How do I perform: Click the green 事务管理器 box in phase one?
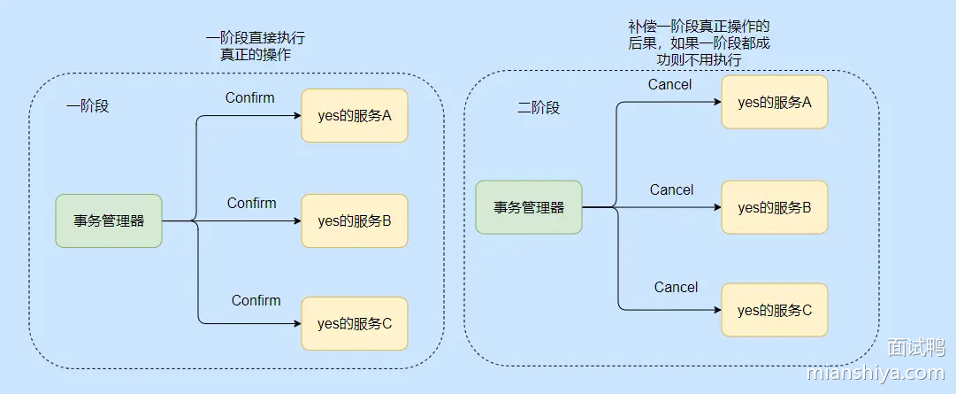coord(109,220)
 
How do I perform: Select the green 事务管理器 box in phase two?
coord(529,207)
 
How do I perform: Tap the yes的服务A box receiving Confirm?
coord(355,115)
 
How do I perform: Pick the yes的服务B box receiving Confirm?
coord(355,220)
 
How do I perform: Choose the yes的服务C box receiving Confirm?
coord(355,323)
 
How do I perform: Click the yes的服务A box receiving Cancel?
coord(775,102)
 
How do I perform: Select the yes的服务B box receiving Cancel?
coord(775,207)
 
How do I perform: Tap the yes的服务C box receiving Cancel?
coord(775,310)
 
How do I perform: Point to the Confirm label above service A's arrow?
coord(249,97)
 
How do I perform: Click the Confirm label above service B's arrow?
coord(251,203)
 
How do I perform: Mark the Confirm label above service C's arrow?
coord(256,300)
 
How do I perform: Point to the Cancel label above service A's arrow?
coord(669,85)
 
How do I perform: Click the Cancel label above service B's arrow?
coord(671,189)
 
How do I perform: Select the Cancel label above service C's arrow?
coord(676,287)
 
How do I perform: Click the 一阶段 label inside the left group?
coord(88,106)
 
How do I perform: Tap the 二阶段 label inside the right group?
coord(539,108)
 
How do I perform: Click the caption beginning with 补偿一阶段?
coord(699,43)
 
